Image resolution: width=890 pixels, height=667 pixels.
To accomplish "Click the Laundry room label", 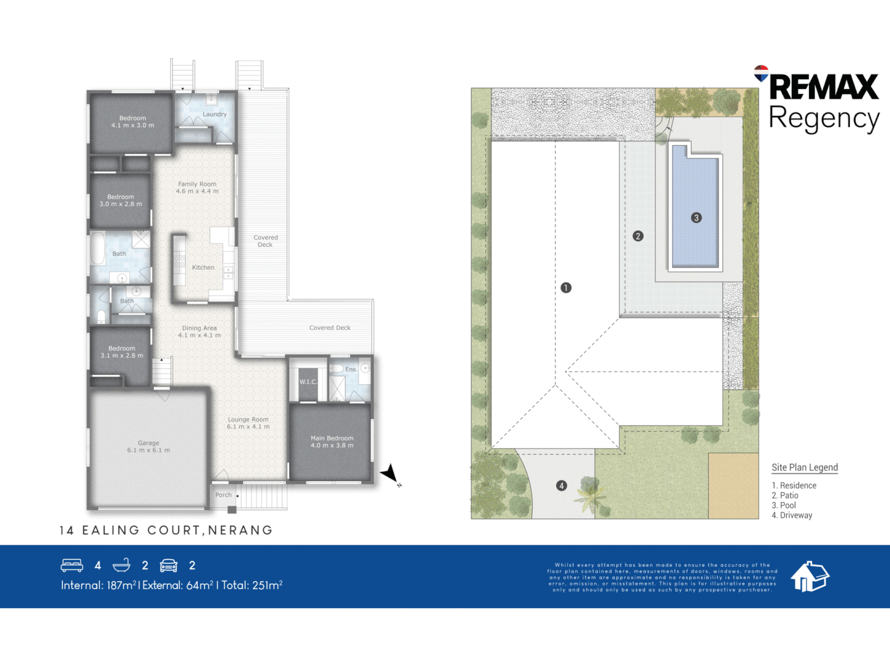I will coord(214,114).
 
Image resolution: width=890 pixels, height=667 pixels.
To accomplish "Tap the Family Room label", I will coord(197,184).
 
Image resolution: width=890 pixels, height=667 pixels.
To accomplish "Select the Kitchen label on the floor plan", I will coord(203,267).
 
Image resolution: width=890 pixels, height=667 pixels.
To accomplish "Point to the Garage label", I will coord(148,443).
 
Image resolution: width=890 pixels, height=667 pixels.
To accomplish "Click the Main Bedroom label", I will coord(332,438).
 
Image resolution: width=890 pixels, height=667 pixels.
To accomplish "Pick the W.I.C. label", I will coord(308,382).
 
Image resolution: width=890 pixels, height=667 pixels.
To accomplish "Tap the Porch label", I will coord(223,495).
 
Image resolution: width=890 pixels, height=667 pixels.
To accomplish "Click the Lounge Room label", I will coord(248,419).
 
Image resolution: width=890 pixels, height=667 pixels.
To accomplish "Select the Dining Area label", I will coord(199,328).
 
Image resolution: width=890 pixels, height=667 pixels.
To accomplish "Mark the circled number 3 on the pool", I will coord(696,217).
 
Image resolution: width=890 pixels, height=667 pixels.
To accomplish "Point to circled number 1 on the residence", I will coord(566,288).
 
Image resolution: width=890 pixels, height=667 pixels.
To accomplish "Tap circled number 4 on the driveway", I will coord(561,485).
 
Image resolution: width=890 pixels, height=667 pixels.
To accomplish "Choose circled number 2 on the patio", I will coord(638,236).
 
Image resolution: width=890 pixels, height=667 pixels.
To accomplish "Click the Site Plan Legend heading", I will coord(804,468).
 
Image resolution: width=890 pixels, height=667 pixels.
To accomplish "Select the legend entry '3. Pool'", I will coord(784,505).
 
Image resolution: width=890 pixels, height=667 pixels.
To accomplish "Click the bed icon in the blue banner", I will coord(72,565).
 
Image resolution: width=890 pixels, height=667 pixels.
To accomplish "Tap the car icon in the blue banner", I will coord(169,565).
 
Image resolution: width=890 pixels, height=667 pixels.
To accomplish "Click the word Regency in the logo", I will coord(823,118).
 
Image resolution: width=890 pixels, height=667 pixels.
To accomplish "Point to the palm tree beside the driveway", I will coord(591,494).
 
